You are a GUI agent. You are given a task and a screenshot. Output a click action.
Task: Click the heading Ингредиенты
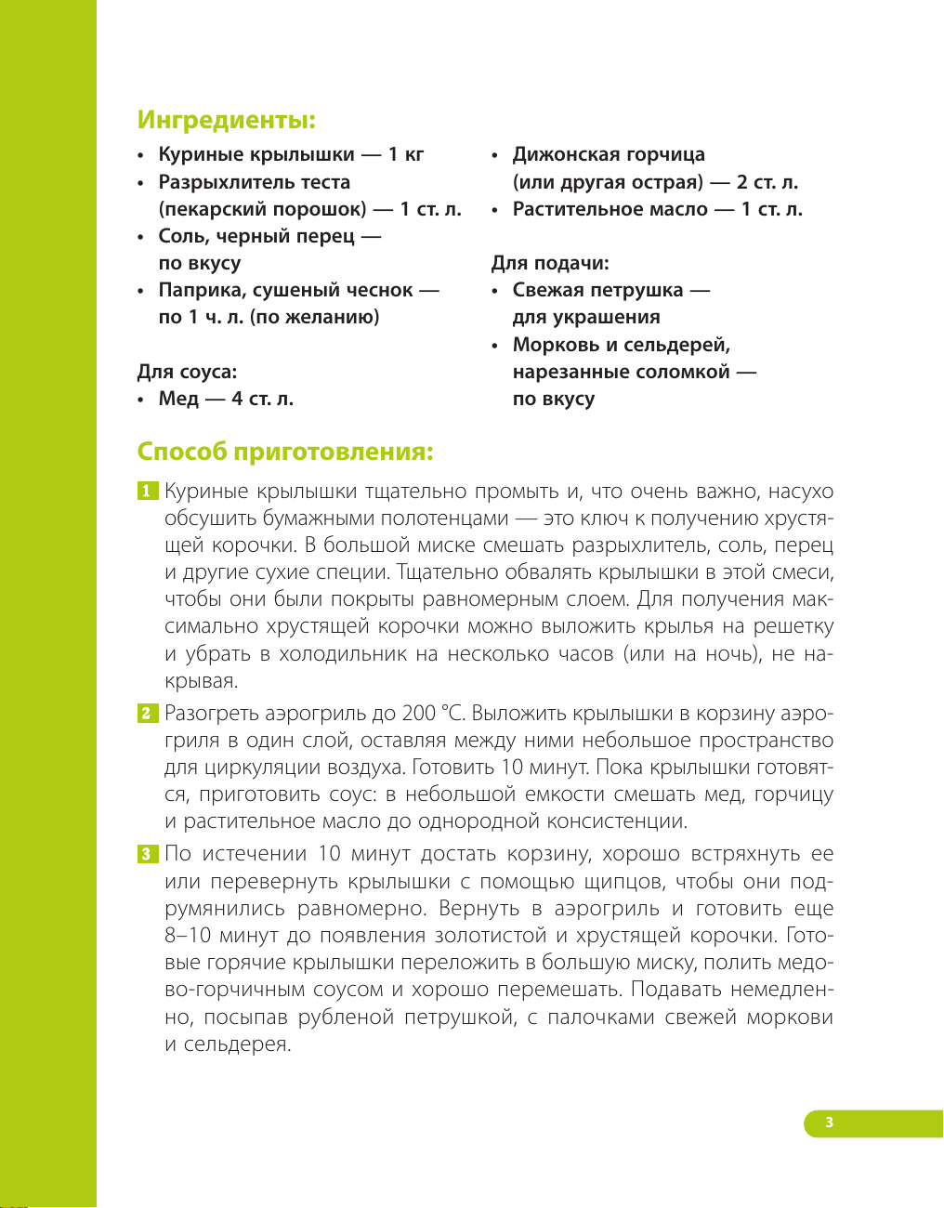226,120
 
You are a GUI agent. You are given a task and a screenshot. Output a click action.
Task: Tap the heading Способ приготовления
284,452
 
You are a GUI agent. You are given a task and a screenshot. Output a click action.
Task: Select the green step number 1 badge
148,491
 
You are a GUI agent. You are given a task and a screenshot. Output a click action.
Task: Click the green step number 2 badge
148,714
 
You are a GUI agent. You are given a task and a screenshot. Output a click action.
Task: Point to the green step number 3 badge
148,854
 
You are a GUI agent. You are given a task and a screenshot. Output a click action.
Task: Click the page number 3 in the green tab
829,1123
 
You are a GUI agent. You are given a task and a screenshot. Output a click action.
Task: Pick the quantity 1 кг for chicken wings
406,154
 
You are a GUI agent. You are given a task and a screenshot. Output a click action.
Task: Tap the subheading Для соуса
187,372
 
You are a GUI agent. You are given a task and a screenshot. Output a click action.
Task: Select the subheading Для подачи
550,263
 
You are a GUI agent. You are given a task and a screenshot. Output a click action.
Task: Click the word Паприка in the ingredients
199,290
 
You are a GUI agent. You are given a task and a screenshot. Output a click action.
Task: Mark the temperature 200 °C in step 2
432,714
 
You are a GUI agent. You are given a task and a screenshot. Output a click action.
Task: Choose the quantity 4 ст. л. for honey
262,399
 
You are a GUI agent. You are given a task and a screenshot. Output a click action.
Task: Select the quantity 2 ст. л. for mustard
767,182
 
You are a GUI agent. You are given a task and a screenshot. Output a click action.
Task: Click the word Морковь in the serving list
556,345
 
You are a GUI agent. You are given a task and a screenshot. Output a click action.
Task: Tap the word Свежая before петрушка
552,290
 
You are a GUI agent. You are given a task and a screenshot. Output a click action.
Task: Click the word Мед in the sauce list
178,399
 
